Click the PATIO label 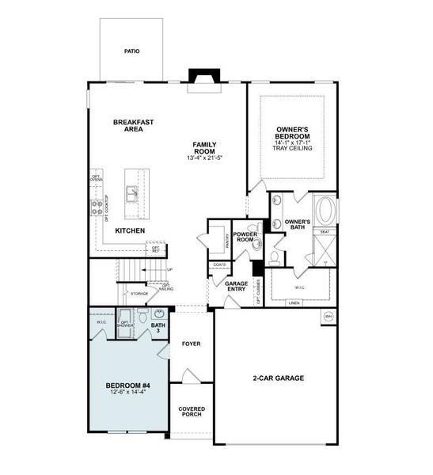tap(132, 51)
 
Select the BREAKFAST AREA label tap(132, 125)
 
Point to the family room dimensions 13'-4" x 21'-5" tap(204, 158)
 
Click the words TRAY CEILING tap(292, 148)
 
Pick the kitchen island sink tap(131, 191)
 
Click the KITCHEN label tap(130, 230)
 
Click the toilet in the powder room tap(274, 256)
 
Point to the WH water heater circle tap(329, 317)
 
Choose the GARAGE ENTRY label tap(237, 287)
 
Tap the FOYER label tap(191, 344)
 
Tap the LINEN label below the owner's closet tap(294, 303)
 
